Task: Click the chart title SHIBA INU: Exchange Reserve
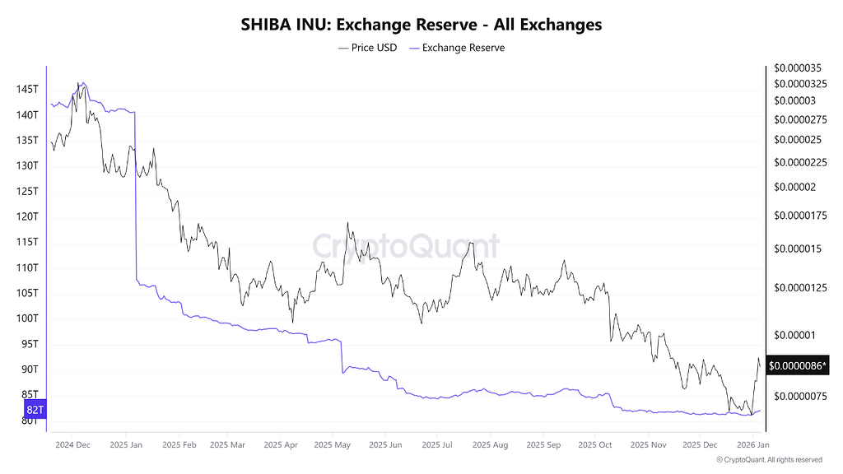pyautogui.click(x=421, y=25)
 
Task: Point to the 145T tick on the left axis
pyautogui.click(x=27, y=89)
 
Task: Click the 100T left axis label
pyautogui.click(x=27, y=318)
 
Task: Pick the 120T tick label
pyautogui.click(x=27, y=216)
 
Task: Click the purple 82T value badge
pyautogui.click(x=35, y=410)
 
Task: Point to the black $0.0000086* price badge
pyautogui.click(x=798, y=365)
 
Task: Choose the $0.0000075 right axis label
pyautogui.click(x=800, y=397)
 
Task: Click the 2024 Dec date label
pyautogui.click(x=72, y=445)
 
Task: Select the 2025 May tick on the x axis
pyautogui.click(x=333, y=445)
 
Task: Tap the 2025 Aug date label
pyautogui.click(x=490, y=445)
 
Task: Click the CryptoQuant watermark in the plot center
pyautogui.click(x=406, y=246)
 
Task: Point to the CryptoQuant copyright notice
pyautogui.click(x=769, y=460)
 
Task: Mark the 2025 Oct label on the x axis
pyautogui.click(x=594, y=445)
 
